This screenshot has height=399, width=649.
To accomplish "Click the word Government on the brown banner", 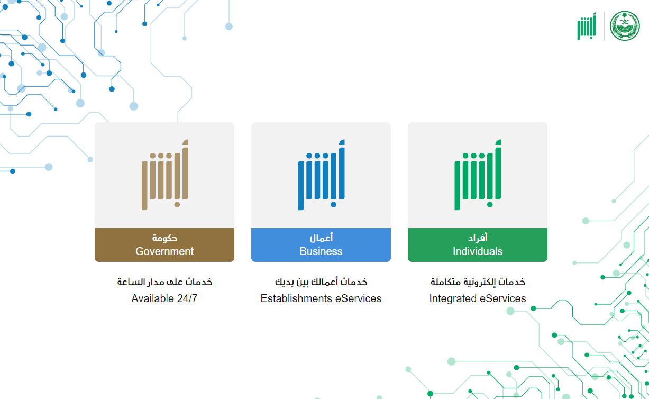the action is point(164,251).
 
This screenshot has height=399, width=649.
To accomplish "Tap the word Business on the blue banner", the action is point(321,251).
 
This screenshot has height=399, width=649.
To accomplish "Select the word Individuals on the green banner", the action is point(478,251).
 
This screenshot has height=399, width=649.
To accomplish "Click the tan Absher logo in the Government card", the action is point(165,175).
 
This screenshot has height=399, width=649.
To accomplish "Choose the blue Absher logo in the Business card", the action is point(321,175).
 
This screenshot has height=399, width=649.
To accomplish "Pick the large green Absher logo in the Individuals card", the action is point(478,175).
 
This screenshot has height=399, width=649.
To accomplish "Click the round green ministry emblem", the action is point(625,26).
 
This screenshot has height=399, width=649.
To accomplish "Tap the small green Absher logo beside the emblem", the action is point(587,26).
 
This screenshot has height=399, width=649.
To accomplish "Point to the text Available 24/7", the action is point(164,298).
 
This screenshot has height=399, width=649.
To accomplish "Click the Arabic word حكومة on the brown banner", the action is point(164,238).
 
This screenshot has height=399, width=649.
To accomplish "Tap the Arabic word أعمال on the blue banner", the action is point(321,238).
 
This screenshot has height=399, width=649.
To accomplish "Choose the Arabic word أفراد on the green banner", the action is point(478,238).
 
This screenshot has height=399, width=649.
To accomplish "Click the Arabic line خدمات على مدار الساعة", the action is point(164,282).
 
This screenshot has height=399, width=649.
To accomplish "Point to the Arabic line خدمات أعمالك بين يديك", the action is point(321,282).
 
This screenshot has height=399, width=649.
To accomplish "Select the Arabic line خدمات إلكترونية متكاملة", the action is point(478,282).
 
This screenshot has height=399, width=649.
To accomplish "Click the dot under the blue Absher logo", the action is point(333,205).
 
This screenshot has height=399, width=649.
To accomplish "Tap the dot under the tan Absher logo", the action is point(177,205).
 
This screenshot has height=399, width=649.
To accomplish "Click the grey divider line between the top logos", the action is point(604,26).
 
